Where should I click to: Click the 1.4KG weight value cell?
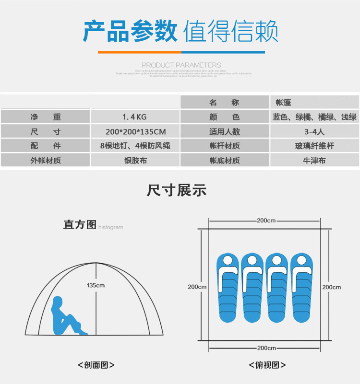[135, 117]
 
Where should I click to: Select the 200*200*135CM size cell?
[135, 131]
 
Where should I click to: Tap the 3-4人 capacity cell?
[314, 131]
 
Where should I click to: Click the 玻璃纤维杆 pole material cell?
[314, 146]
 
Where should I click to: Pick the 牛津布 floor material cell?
[314, 161]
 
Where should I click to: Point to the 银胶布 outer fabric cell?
[135, 161]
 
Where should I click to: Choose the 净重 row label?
[46, 117]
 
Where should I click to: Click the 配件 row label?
[46, 146]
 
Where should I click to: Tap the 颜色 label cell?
[225, 117]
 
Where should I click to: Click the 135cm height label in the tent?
[96, 285]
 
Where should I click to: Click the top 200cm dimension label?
[266, 221]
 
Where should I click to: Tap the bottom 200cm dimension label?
[266, 348]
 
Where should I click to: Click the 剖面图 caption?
[96, 365]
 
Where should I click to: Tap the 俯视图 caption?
[267, 365]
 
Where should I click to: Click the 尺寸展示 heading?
[177, 190]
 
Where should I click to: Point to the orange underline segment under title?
[139, 52]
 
